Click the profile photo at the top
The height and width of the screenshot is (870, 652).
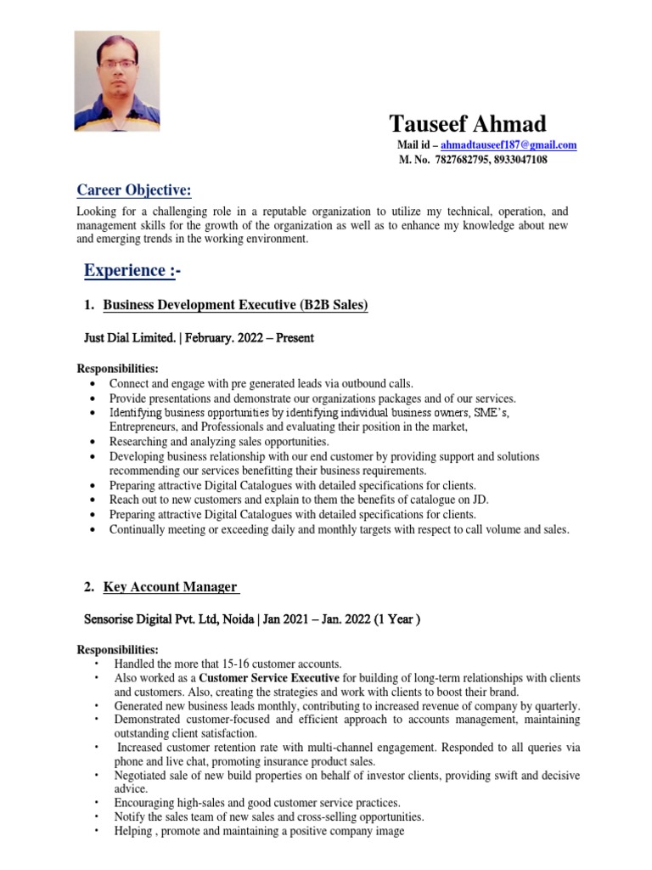(117, 82)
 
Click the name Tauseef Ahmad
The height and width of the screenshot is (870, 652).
(468, 124)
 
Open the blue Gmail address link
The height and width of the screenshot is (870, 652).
(509, 145)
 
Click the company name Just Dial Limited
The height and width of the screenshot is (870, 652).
(130, 337)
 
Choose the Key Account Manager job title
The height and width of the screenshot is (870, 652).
(170, 586)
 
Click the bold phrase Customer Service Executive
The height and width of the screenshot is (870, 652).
(267, 678)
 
